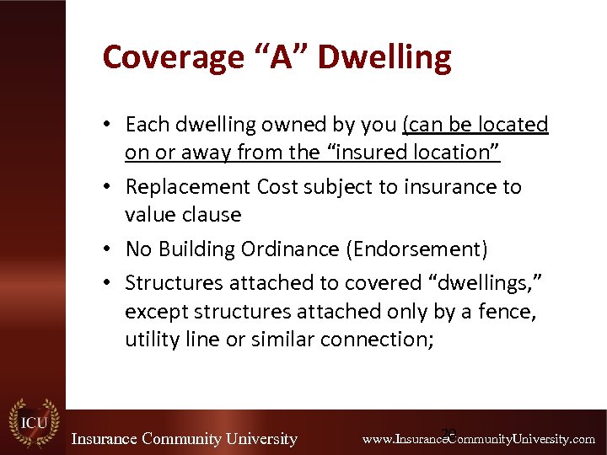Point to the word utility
(151, 340)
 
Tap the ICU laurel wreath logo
(33, 421)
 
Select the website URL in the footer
(478, 439)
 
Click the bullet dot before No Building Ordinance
(110, 250)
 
